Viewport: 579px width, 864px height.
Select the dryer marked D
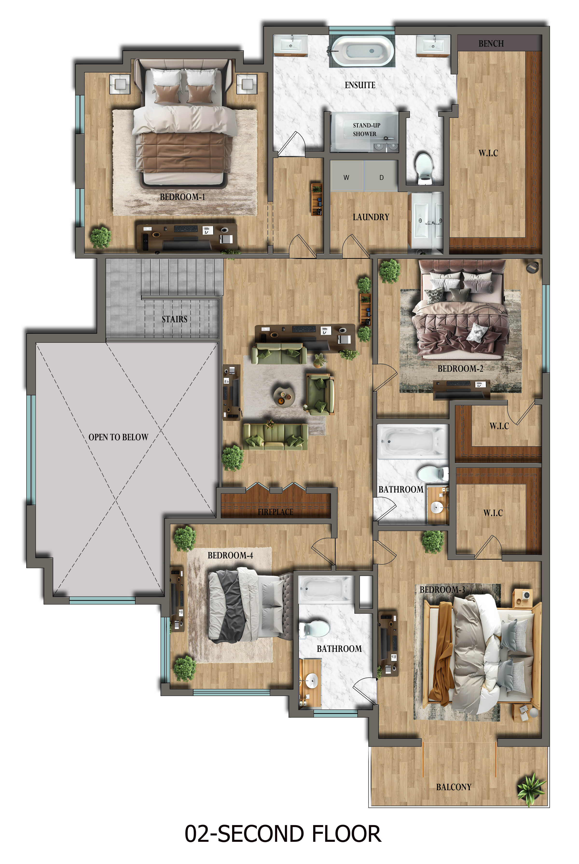point(381,177)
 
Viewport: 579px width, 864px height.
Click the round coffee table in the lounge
point(284,396)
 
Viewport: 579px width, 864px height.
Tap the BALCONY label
point(454,787)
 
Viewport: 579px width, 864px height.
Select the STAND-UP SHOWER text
point(365,130)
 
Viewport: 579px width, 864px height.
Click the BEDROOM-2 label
point(460,368)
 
